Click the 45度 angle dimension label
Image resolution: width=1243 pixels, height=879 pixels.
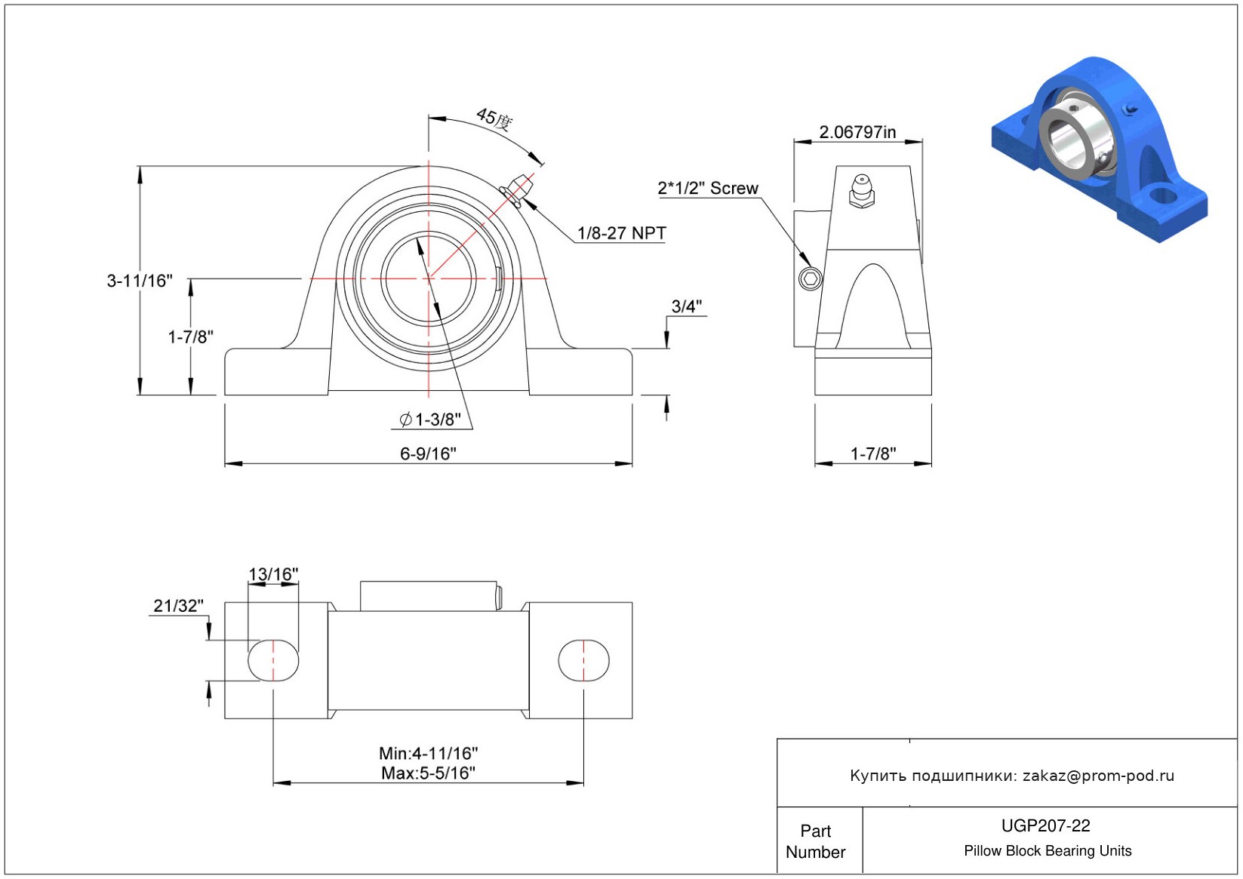tap(494, 118)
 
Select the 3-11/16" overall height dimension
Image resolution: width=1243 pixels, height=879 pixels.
tap(140, 281)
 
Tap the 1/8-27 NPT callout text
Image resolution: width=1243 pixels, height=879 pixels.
tap(622, 233)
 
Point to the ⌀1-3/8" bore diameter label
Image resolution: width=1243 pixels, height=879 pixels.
tap(430, 420)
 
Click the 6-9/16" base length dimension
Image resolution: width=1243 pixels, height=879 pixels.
tap(429, 454)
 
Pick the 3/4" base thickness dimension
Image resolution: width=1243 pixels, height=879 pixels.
tap(687, 306)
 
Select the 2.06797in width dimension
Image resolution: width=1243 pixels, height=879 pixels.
tap(858, 132)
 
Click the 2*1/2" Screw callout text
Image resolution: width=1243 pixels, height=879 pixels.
tap(708, 188)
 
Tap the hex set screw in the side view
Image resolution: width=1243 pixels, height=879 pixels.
tap(810, 278)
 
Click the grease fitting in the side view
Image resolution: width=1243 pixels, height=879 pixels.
tap(861, 192)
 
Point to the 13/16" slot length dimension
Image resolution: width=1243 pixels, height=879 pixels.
tap(273, 574)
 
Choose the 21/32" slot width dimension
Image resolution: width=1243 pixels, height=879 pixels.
tap(178, 606)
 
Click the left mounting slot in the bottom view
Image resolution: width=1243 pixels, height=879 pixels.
tap(273, 660)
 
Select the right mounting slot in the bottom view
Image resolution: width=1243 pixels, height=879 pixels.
tap(584, 660)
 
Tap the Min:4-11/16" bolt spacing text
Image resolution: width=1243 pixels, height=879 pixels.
tap(429, 754)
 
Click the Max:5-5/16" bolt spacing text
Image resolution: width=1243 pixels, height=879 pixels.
tap(429, 773)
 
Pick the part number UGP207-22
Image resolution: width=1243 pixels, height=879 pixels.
tap(1046, 825)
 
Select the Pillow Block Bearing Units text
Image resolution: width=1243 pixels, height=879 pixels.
tap(1048, 850)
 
